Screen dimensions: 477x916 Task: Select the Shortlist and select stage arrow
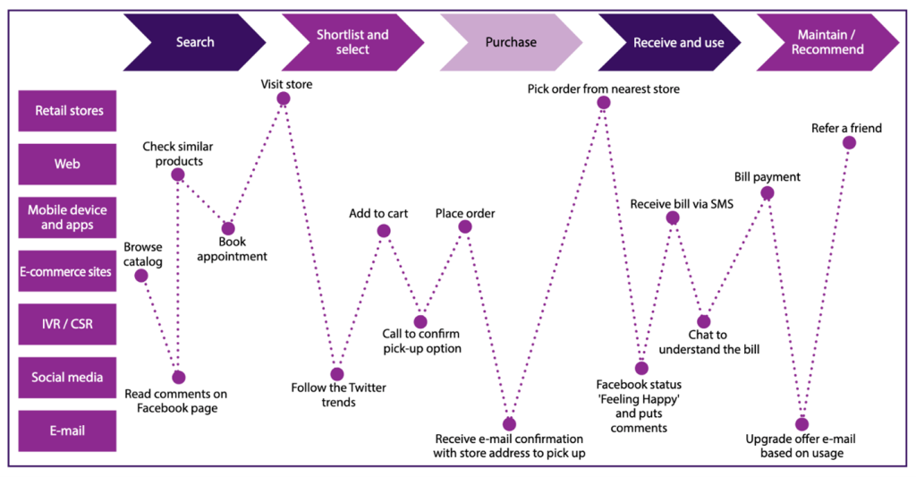pos(352,42)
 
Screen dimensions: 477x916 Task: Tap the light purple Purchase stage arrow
pos(511,42)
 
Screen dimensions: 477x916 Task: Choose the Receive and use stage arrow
pos(669,42)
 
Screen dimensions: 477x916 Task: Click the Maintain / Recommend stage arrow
pos(827,42)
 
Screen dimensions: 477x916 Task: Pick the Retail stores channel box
pos(68,111)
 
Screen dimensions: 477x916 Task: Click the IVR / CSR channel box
pos(68,324)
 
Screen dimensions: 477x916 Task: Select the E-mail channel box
pos(68,430)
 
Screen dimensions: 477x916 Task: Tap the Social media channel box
pos(68,377)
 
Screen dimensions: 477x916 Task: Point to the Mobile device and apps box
pos(68,217)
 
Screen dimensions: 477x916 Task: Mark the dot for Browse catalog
pos(140,276)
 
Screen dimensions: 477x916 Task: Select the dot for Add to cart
pos(384,231)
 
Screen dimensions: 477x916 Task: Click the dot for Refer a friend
pos(849,143)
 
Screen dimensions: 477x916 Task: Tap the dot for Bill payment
pos(767,193)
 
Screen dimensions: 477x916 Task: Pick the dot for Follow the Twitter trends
pos(336,374)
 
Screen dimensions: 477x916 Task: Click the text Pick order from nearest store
pos(603,89)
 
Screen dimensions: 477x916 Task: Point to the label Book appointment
pos(231,249)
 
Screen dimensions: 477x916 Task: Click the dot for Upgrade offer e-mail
pos(801,424)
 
